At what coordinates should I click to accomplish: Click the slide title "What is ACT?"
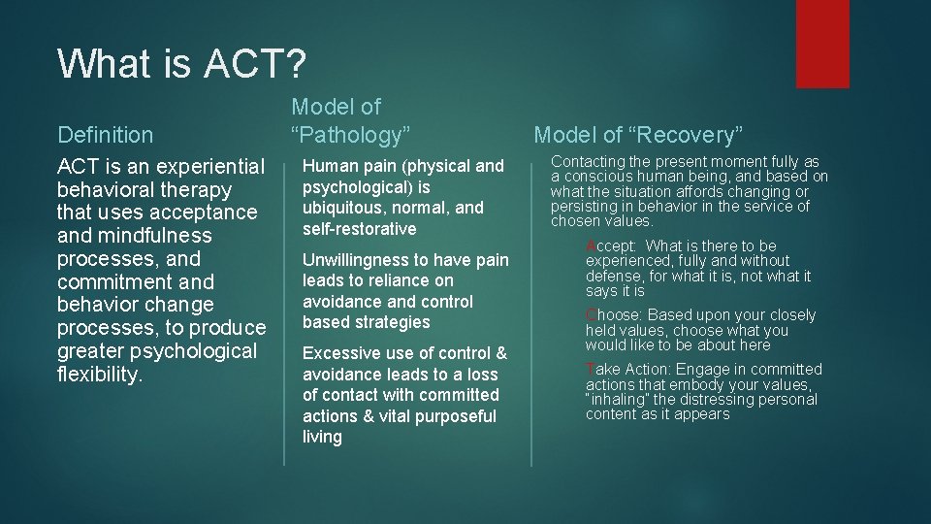coord(181,64)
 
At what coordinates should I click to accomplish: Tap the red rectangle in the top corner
coord(821,44)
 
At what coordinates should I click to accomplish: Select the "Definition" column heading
coord(105,135)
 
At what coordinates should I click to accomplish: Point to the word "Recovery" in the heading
coord(696,135)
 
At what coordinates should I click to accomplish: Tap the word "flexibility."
coord(100,375)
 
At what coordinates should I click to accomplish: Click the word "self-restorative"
coord(359,229)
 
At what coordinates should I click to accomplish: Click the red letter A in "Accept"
coord(591,246)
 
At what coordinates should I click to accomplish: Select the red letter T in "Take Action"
coord(590,370)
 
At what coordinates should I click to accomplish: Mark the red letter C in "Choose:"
coord(591,315)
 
